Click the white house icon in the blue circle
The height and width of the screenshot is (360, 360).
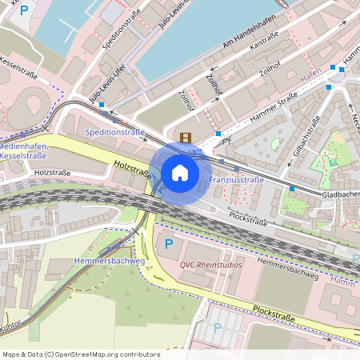tap(180, 173)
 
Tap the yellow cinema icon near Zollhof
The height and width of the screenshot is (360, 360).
tap(186, 138)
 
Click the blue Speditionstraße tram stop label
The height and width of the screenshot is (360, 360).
tap(114, 131)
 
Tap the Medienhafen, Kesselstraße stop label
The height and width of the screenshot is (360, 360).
tap(25, 152)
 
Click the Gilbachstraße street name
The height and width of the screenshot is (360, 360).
tap(306, 139)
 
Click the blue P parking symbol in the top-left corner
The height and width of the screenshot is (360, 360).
tap(24, 10)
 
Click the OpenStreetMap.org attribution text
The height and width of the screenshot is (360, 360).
tap(104, 354)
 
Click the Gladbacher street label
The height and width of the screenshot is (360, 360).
tap(340, 194)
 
